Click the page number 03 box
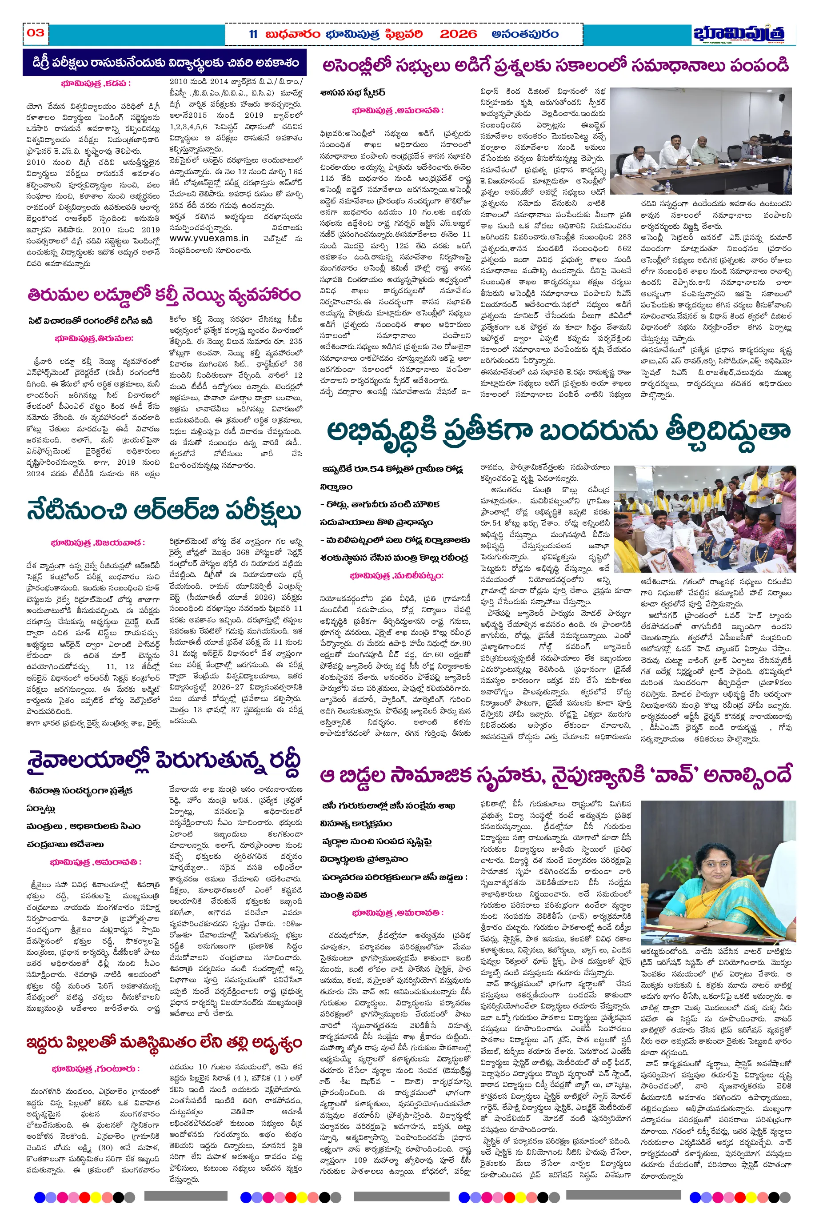point(36,33)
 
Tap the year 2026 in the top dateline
point(458,35)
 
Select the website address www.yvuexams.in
point(208,239)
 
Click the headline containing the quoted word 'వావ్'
point(556,775)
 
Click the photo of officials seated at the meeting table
point(701,141)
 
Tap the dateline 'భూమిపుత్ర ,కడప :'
point(95,84)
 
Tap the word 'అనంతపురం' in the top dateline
point(525,35)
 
